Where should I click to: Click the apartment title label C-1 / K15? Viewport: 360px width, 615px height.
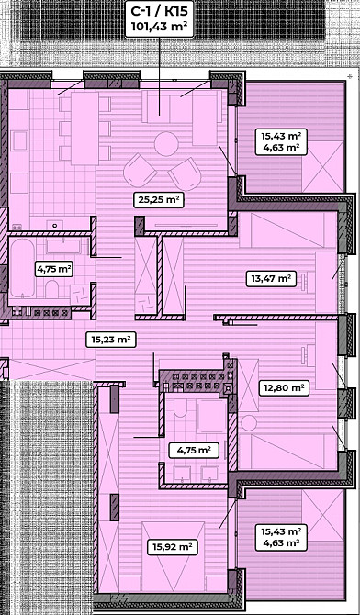click(159, 11)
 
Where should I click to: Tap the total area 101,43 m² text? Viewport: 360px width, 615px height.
click(159, 27)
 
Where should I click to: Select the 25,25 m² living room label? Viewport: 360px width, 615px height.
click(159, 201)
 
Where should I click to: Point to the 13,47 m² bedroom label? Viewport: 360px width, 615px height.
click(271, 279)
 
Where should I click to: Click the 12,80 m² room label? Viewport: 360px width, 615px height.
click(284, 388)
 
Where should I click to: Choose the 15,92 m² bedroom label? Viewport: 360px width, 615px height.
click(172, 547)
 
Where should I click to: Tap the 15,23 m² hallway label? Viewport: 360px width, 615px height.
click(111, 340)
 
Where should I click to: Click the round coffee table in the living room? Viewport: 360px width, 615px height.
click(166, 144)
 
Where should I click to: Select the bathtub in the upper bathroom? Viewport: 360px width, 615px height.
click(22, 268)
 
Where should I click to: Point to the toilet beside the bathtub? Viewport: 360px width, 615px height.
click(51, 288)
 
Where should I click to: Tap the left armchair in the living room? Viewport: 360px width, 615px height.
click(141, 170)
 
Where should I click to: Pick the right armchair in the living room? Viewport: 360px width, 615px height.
click(185, 174)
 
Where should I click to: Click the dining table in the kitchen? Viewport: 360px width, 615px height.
click(84, 129)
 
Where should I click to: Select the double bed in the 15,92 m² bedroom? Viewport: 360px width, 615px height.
click(174, 557)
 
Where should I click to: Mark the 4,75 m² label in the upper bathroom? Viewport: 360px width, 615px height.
click(54, 270)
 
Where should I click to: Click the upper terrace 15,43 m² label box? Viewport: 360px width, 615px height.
click(281, 141)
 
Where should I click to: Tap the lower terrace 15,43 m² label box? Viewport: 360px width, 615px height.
click(281, 537)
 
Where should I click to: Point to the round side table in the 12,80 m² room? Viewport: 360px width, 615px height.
click(249, 423)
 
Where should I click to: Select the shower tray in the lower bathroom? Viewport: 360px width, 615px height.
click(211, 416)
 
